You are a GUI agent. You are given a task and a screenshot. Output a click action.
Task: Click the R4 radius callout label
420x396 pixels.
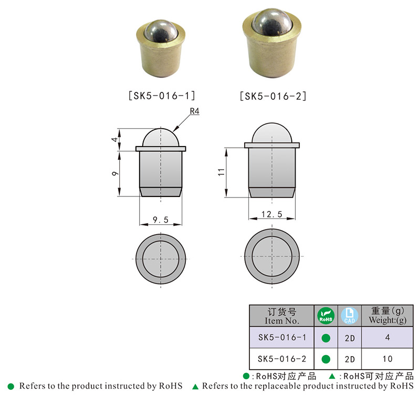tap(194, 111)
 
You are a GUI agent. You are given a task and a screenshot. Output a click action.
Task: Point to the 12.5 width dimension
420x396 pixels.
tap(271, 214)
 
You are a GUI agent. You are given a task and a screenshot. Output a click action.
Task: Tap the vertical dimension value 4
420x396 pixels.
tap(115, 140)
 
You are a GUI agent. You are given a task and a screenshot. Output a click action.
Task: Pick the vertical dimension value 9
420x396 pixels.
tap(115, 174)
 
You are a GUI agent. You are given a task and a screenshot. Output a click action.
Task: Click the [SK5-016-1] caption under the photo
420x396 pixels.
tap(161, 96)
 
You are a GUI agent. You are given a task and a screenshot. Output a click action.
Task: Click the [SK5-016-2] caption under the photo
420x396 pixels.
tap(272, 96)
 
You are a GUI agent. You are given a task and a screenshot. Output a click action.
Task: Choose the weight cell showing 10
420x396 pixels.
tap(388, 359)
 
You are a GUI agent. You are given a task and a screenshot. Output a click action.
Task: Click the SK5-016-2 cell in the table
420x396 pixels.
tap(281, 359)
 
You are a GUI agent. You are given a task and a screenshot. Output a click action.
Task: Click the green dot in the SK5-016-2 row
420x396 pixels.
tap(325, 359)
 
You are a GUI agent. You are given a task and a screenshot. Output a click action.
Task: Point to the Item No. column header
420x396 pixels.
tap(281, 316)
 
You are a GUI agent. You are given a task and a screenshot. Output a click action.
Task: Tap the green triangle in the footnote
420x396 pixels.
tap(195, 387)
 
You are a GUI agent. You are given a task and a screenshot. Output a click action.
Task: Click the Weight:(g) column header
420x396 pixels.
tap(388, 316)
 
